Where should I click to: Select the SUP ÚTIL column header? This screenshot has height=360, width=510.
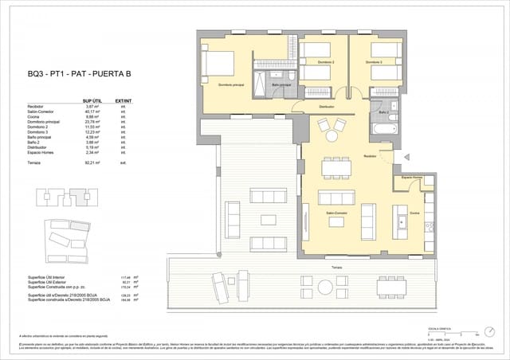tap(92, 101)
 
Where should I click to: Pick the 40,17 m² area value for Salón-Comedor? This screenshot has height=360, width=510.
tap(92, 112)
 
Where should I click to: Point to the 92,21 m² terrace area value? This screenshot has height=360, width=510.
tap(92, 162)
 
